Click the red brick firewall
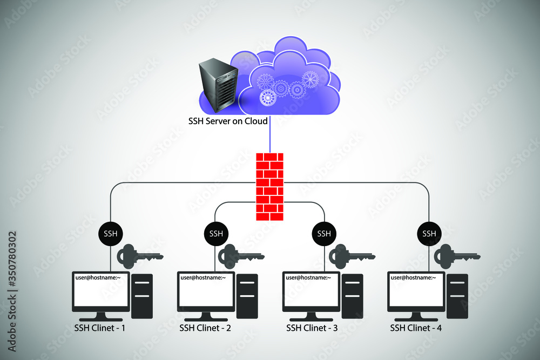pos(269,186)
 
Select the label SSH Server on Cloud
pos(228,121)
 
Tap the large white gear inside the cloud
pos(268,98)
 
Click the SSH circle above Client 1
pos(111,234)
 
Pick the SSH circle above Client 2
pos(216,234)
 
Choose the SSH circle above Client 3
pos(323,234)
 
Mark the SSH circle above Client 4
pos(429,234)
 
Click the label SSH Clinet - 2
pos(205,328)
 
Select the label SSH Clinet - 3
pos(312,328)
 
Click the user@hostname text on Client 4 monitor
pos(413,277)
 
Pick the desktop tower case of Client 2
pos(247,296)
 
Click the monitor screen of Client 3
pos(311,295)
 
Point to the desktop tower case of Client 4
pos(457,296)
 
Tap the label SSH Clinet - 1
pos(100,328)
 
